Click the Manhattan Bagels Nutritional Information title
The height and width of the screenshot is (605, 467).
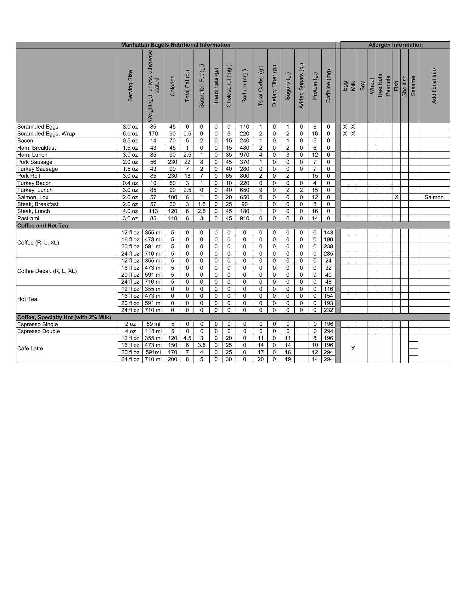point(176,45)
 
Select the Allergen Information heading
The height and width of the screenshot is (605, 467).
point(395,45)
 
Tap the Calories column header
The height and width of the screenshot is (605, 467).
point(172,86)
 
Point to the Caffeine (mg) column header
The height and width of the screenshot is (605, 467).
point(328,86)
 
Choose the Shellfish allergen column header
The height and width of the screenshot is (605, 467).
point(404,86)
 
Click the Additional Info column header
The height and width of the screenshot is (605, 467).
point(434,86)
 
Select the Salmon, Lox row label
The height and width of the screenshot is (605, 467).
point(33,197)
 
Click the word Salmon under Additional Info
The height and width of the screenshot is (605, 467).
point(434,197)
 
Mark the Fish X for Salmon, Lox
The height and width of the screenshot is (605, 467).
point(397,197)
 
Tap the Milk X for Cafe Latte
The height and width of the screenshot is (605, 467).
point(353,349)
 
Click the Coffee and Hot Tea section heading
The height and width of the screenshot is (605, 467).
point(42,226)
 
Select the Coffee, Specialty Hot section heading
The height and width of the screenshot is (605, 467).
point(64,317)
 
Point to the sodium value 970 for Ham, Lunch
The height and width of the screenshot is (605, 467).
point(245,155)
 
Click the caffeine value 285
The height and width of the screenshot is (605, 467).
point(328,254)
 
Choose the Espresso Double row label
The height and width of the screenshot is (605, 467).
point(38,331)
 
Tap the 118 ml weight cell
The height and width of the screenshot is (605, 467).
point(153,331)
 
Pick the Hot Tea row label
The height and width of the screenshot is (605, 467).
point(27,299)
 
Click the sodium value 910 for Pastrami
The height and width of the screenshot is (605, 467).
point(245,218)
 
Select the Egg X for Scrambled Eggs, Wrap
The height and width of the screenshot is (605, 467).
point(345,134)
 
